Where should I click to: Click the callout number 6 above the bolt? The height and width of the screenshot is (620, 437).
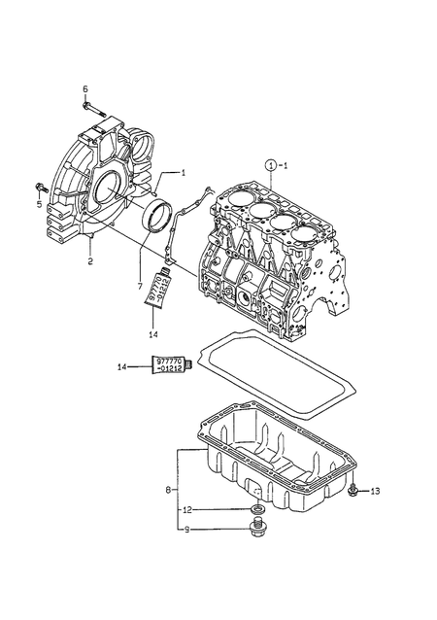click(x=85, y=89)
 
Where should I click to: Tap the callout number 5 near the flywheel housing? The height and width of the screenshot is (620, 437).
click(x=39, y=204)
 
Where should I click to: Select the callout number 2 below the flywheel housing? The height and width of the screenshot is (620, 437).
click(x=90, y=261)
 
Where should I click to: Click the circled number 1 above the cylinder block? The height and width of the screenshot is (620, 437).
click(x=270, y=165)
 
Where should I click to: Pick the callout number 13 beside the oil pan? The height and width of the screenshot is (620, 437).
click(x=375, y=491)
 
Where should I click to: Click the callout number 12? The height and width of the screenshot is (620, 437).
click(x=187, y=510)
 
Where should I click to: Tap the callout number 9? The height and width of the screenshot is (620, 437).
click(x=186, y=530)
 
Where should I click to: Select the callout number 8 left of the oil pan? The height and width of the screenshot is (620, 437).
click(x=168, y=491)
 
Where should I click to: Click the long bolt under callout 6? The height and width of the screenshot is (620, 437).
click(x=93, y=110)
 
